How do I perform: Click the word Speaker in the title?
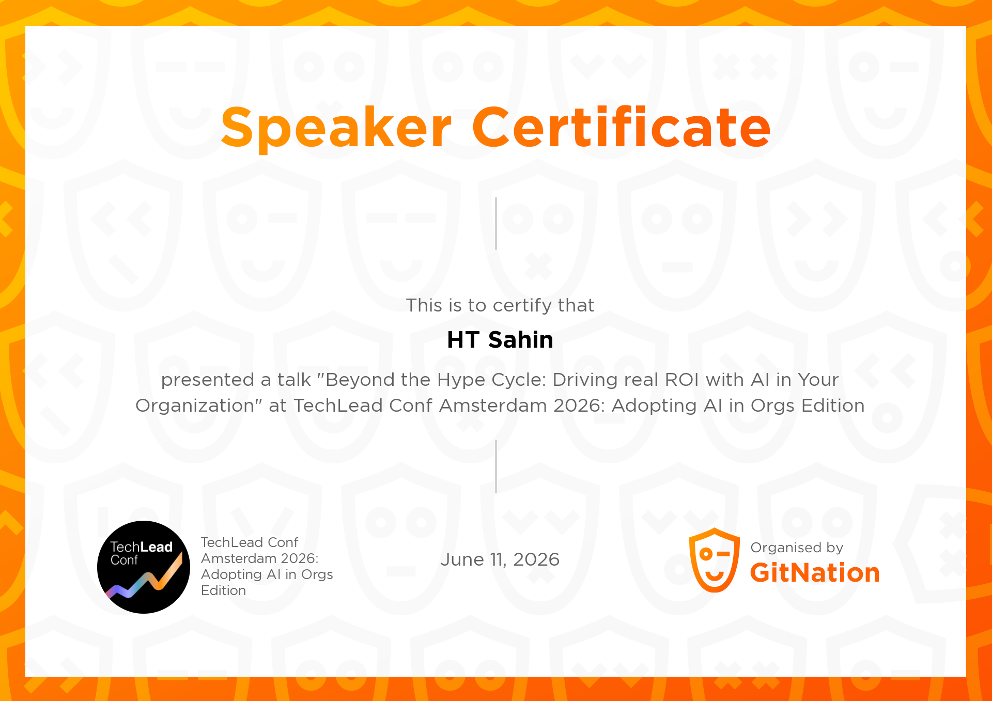point(336,128)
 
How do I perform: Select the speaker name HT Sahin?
point(500,340)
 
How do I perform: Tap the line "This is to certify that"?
point(500,305)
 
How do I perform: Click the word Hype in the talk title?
point(461,380)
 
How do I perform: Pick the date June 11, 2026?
point(500,560)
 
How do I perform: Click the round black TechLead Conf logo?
point(144,567)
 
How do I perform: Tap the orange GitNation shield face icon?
point(715,560)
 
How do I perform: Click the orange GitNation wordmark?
point(815,573)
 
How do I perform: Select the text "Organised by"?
point(797,548)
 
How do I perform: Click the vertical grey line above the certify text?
point(496,224)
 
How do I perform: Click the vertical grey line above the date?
point(496,466)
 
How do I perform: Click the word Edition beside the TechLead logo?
point(223,590)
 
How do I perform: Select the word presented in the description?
point(208,380)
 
